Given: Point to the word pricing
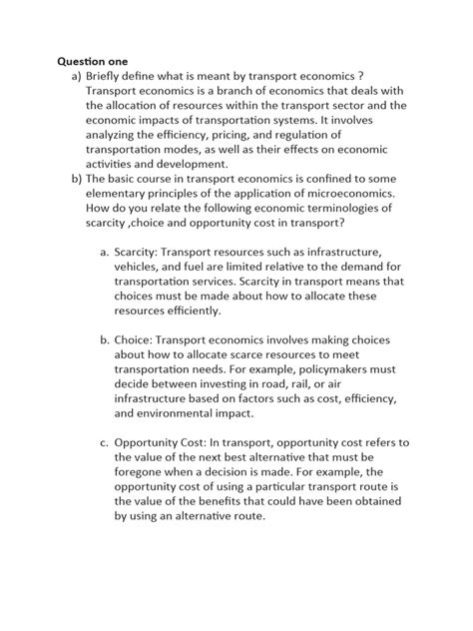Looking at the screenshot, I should click(x=255, y=134).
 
